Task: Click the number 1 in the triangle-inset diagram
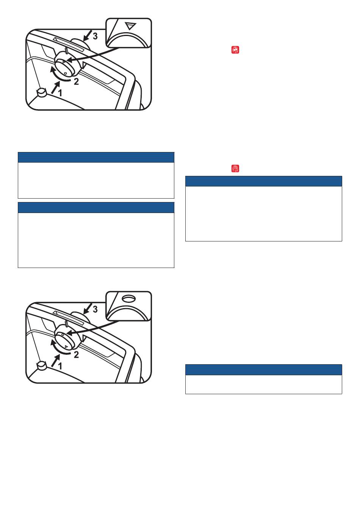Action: coord(60,93)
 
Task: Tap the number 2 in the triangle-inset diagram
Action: coord(76,81)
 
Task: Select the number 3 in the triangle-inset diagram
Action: coord(95,36)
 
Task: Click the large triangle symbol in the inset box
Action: coord(130,26)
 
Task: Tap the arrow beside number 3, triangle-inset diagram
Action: coord(88,35)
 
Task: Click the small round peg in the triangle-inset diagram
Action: coord(42,92)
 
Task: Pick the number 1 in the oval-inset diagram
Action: coord(60,366)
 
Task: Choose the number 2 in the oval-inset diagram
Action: coord(76,354)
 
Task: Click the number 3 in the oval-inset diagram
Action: coord(95,309)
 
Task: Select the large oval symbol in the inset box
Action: coord(128,298)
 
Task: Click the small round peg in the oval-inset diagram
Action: coord(42,366)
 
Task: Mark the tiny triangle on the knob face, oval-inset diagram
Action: coord(66,346)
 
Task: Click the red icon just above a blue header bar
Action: coord(235,169)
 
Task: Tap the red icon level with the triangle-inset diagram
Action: coord(235,50)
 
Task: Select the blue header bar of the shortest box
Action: coord(263,370)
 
